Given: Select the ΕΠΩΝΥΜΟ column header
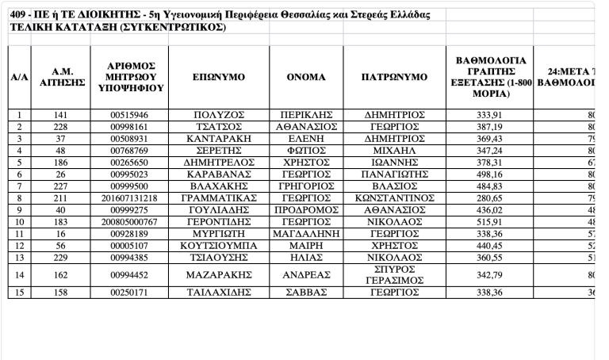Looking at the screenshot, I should point(218,77).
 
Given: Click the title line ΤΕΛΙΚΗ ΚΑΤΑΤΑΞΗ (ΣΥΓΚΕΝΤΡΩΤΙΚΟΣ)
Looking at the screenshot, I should point(118,28).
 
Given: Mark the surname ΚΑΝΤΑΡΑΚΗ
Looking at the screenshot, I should point(218,138).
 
